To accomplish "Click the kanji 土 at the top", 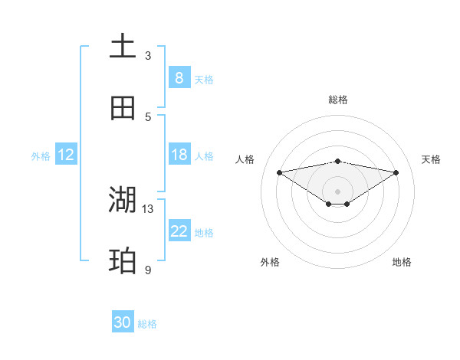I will [123, 46].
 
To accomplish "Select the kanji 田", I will [123, 108].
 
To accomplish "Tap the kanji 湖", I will [123, 200].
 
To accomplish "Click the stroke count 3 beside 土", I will [148, 55].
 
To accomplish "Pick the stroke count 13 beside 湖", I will [148, 208].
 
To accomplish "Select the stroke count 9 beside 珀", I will [148, 270].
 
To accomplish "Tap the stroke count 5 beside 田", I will [148, 116].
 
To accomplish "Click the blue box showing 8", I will [179, 77].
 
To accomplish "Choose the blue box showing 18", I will [179, 155].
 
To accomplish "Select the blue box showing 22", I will [179, 231].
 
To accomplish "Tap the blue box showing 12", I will [66, 155].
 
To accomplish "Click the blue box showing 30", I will [123, 322].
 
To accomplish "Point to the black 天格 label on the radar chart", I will [432, 159].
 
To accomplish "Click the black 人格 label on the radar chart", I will [245, 159].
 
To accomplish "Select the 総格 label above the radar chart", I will [338, 100].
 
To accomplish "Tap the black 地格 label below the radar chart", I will [402, 262].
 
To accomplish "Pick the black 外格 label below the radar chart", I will [270, 262].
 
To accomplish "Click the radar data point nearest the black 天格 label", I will [396, 172].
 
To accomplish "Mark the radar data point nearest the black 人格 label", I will [280, 172].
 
